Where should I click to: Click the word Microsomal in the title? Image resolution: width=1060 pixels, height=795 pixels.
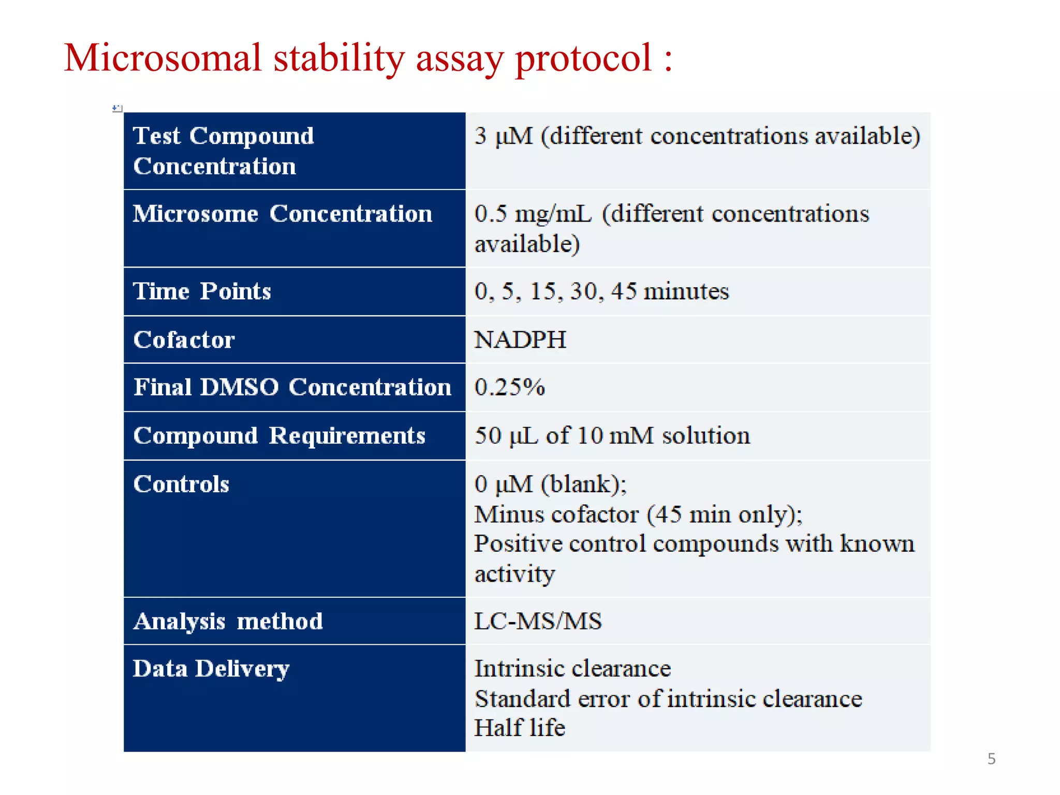tap(163, 58)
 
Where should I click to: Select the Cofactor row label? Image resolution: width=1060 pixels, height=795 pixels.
tap(184, 340)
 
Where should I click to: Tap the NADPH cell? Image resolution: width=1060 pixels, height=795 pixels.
tap(520, 340)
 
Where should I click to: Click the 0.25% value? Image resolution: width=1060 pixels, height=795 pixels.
tap(510, 387)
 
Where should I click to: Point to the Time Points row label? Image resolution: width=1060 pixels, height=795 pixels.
tap(202, 291)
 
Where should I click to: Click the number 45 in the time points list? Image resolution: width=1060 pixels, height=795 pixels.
tap(624, 291)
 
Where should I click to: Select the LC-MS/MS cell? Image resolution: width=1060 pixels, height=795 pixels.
tap(538, 621)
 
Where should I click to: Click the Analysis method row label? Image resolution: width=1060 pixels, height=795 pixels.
tap(228, 621)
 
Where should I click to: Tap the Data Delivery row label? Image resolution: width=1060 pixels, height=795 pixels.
tap(211, 669)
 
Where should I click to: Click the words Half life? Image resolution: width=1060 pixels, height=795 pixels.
tap(520, 728)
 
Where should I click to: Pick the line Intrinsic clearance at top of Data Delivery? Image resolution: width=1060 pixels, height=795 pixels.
tap(572, 669)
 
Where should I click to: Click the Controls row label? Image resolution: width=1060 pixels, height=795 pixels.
tap(181, 484)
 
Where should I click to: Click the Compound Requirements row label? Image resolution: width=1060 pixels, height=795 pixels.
tap(279, 436)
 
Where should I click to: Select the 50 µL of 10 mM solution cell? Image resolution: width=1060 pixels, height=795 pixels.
tap(612, 436)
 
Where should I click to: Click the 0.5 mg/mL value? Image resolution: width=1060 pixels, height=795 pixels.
tap(533, 214)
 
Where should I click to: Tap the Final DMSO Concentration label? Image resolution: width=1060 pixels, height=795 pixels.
tap(292, 387)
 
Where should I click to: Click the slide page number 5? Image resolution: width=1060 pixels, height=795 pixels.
tap(991, 759)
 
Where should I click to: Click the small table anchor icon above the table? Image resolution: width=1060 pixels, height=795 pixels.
tap(117, 108)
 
